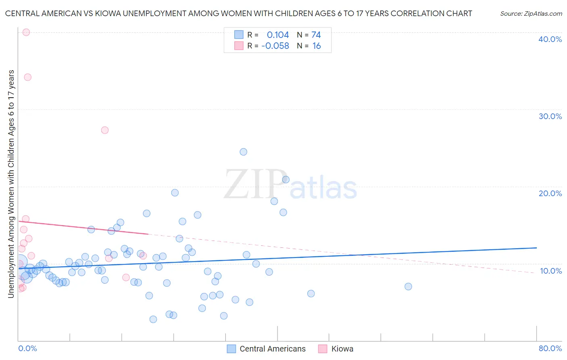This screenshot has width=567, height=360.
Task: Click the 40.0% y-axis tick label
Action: [550, 39]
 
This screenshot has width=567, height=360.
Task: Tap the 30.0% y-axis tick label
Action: [550, 116]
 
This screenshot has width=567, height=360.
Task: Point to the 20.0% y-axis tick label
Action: [550, 193]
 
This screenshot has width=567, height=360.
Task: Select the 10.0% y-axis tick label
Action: [551, 271]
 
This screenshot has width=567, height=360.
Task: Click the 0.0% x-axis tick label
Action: [27, 348]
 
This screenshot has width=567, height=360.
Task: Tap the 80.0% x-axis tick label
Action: [550, 348]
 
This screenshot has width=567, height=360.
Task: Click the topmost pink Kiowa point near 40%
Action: [26, 32]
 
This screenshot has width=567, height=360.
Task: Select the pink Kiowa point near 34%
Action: [27, 77]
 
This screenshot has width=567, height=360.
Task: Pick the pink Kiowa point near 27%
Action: [105, 130]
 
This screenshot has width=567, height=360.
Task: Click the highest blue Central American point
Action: [243, 152]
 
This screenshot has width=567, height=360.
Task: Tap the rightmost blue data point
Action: [408, 287]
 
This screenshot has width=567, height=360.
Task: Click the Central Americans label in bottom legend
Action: [273, 349]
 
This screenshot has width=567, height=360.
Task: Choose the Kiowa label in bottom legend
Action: [342, 349]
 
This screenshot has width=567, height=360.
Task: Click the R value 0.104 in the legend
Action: [278, 35]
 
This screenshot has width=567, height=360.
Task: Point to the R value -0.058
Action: [275, 46]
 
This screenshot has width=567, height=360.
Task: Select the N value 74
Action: [316, 35]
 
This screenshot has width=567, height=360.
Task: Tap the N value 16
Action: [317, 46]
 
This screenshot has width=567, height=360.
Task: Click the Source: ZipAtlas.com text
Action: [531, 14]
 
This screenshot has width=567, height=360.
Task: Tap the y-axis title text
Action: [11, 184]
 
